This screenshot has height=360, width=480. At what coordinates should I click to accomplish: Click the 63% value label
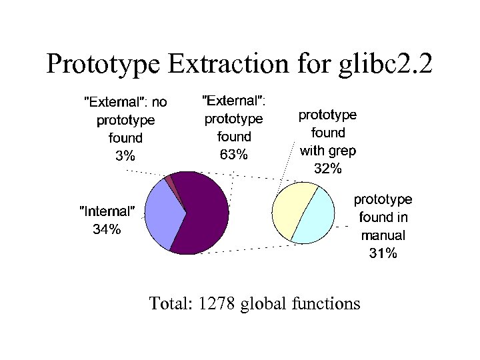(233, 155)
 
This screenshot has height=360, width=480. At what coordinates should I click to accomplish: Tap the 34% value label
(107, 229)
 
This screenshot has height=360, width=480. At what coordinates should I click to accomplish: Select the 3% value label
(125, 156)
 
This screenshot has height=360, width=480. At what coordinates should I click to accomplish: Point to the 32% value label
(327, 168)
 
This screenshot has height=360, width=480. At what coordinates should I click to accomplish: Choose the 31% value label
(383, 253)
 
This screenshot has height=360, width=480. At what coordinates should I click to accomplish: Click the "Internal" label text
(107, 211)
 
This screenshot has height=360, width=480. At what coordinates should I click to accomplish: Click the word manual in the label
(383, 235)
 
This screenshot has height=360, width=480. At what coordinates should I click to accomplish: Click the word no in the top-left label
(159, 102)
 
